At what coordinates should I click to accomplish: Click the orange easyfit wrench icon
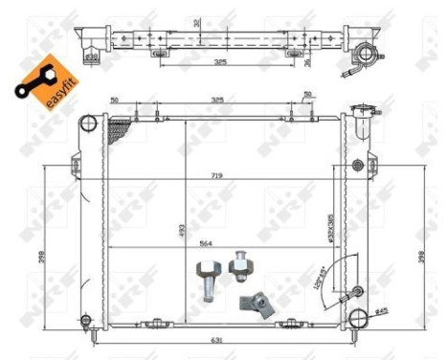(37, 79)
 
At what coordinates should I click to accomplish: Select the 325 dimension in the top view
(219, 63)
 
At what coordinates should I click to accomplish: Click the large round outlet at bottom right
(359, 320)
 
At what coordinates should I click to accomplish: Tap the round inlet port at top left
(88, 124)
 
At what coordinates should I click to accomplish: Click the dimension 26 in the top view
(307, 64)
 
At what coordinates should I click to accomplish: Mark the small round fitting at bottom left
(85, 320)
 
